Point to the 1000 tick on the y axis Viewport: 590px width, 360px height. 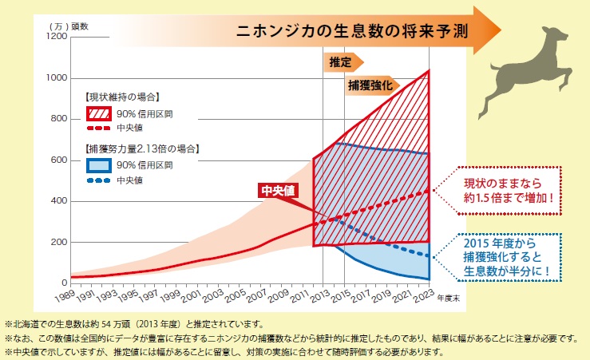(x=57, y=78)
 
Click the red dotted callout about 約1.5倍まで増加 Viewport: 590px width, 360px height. (x=506, y=190)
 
